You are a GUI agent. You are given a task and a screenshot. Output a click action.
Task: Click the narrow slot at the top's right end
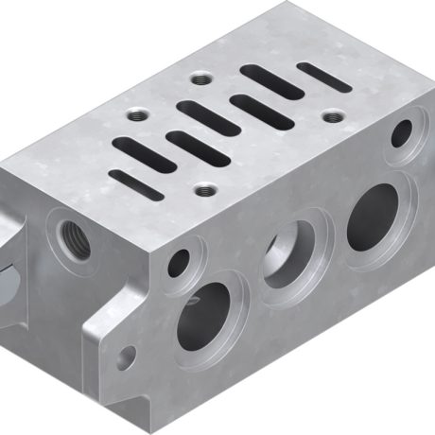click(323, 78)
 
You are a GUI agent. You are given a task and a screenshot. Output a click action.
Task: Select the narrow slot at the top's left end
click(135, 184)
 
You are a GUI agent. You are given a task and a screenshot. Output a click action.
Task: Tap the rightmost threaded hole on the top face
click(333, 116)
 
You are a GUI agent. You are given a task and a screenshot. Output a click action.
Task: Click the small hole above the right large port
click(401, 133)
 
